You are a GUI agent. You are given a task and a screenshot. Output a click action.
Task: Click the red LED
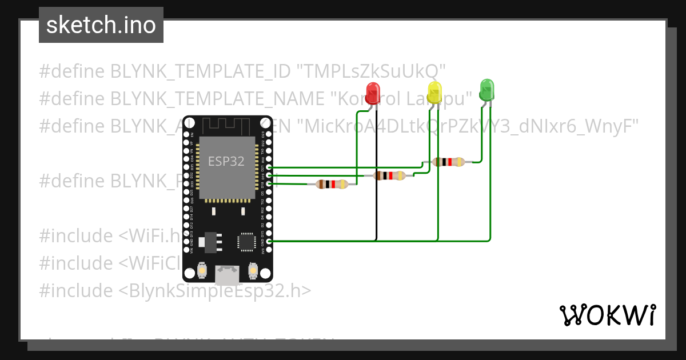pyautogui.click(x=373, y=93)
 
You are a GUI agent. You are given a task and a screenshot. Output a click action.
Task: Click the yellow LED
pyautogui.click(x=435, y=93)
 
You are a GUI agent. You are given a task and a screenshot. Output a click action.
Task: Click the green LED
pyautogui.click(x=486, y=90)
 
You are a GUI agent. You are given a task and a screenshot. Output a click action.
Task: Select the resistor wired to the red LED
pyautogui.click(x=332, y=184)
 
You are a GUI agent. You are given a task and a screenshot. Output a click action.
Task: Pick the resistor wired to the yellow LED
pyautogui.click(x=389, y=175)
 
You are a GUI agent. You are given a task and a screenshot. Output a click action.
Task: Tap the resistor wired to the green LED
pyautogui.click(x=449, y=162)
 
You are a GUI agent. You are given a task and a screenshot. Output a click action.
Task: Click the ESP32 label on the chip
pyautogui.click(x=226, y=162)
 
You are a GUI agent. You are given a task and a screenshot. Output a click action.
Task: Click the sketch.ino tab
pyautogui.click(x=101, y=25)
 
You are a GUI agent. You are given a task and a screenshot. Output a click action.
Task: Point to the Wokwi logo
pyautogui.click(x=607, y=315)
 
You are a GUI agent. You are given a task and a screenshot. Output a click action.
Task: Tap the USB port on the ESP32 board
pyautogui.click(x=227, y=275)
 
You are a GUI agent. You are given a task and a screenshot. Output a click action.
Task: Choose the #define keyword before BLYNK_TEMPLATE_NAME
pyautogui.click(x=72, y=98)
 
